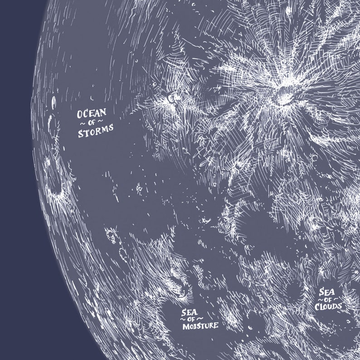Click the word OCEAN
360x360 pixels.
91,113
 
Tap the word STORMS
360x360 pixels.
95,133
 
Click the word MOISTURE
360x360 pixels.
199,326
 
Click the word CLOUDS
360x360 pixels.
329,306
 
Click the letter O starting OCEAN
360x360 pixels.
80,114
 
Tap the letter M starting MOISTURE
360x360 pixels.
185,326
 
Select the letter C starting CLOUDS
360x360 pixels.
319,306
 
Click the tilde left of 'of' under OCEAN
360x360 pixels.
83,123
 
